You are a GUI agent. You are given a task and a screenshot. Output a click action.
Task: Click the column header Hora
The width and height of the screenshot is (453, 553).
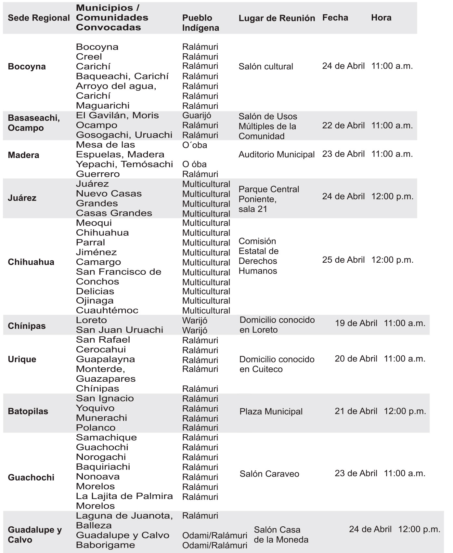pyautogui.click(x=381, y=18)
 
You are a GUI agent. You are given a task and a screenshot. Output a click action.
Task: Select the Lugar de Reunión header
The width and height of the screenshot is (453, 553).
pyautogui.click(x=277, y=18)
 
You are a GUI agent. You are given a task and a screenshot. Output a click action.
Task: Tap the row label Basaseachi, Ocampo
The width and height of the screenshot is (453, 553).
pyautogui.click(x=33, y=123)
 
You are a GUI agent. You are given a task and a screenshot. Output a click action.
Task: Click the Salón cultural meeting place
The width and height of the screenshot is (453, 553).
pyautogui.click(x=265, y=67)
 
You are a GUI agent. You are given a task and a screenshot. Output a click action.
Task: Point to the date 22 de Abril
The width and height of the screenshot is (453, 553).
pyautogui.click(x=343, y=125)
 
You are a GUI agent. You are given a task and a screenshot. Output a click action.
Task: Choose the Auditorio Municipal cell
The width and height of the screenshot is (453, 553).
pyautogui.click(x=276, y=155)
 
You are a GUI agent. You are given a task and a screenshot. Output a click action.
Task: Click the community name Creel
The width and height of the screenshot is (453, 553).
pyautogui.click(x=89, y=57)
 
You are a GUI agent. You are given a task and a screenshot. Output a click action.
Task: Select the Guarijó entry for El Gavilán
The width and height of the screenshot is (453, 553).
pyautogui.click(x=196, y=115)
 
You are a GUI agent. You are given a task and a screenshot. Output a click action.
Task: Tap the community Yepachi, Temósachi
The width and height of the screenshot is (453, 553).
pyautogui.click(x=124, y=164)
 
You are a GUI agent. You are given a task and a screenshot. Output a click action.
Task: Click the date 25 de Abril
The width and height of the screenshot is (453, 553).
pyautogui.click(x=343, y=260)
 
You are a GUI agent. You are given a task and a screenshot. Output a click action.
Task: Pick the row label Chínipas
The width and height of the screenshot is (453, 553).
pyautogui.click(x=26, y=326)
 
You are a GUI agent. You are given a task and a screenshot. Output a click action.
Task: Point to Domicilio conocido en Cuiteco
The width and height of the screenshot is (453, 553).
pyautogui.click(x=277, y=364)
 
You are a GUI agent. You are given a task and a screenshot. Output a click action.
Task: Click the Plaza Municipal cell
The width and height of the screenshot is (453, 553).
pyautogui.click(x=271, y=412)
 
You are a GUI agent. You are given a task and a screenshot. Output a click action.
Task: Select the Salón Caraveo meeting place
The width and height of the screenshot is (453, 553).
pyautogui.click(x=269, y=474)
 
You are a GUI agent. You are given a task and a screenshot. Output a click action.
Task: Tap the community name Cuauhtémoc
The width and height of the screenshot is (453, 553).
pyautogui.click(x=107, y=310)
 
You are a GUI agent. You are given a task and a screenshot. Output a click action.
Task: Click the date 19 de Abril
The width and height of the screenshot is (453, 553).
pyautogui.click(x=356, y=323)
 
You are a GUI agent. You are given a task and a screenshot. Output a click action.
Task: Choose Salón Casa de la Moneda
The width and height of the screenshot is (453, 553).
pyautogui.click(x=281, y=535)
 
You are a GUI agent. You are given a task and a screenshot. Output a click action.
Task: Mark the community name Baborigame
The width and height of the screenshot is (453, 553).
pyautogui.click(x=105, y=545)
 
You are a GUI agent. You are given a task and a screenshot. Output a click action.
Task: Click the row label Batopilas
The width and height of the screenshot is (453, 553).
pyautogui.click(x=28, y=411)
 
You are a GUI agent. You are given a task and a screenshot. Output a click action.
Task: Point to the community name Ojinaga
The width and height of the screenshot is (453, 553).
pyautogui.click(x=95, y=301)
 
